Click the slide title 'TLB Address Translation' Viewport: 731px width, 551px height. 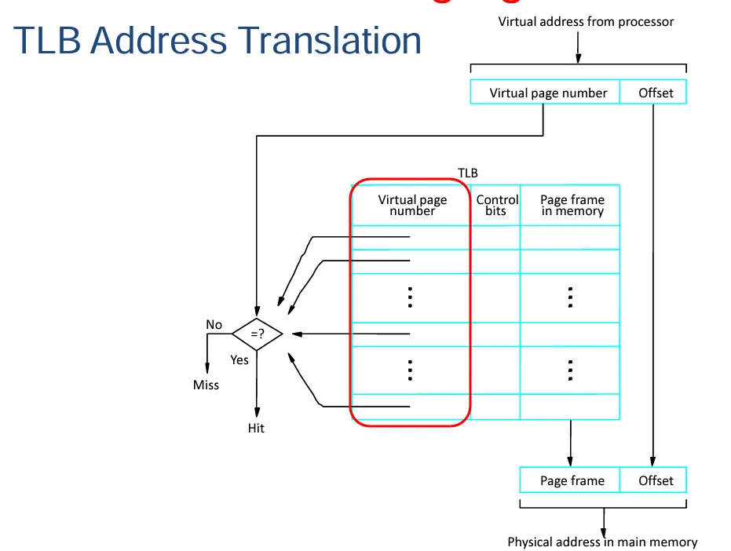point(217,41)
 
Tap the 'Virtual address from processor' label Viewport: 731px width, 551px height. point(586,22)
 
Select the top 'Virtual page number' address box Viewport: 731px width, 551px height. point(547,93)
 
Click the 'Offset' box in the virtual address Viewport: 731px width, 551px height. point(655,93)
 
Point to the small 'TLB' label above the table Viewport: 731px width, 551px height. point(467,173)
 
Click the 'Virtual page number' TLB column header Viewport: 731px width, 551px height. point(412,206)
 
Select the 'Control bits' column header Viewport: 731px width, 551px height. point(497,206)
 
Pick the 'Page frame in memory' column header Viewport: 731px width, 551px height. point(572,206)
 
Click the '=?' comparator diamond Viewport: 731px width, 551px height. point(257,334)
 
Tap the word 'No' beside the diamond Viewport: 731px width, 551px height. point(214,325)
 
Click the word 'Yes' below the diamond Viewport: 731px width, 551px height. point(239,359)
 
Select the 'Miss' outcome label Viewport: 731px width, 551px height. point(207,385)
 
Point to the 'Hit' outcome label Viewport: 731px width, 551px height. point(257,429)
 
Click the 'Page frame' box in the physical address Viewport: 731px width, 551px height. point(572,480)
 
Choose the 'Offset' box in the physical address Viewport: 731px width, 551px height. point(655,480)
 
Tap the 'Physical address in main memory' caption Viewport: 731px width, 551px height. point(602,542)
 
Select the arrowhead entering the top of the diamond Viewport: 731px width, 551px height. point(257,312)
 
